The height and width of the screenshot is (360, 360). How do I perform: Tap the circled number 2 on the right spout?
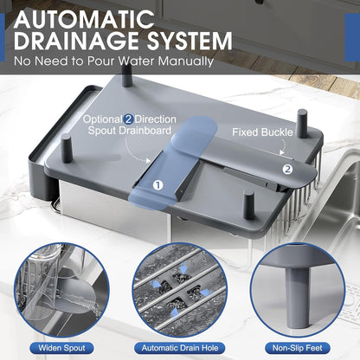pos(287,170)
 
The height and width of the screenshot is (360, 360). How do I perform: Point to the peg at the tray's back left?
pos(127,76)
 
